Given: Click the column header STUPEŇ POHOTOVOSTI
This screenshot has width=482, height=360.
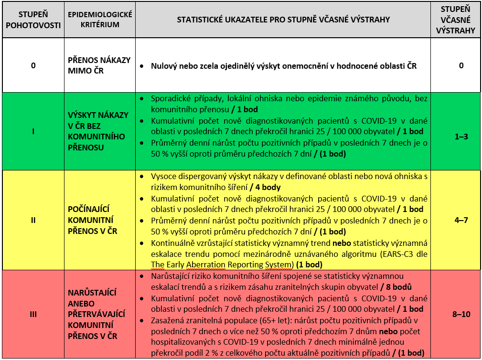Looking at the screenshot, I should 33,20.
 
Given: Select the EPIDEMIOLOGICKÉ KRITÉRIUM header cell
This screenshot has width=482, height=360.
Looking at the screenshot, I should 100,20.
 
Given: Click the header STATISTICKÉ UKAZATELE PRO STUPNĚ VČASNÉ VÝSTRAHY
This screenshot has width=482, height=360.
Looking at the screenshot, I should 283,20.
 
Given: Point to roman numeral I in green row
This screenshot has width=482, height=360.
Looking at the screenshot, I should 33,131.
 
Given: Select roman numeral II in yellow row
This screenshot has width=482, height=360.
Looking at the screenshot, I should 33,221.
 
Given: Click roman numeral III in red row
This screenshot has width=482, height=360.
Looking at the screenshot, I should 33,315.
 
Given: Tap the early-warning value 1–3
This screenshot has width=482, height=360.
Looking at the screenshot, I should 461,136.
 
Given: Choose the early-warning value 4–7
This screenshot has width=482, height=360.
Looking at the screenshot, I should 461,221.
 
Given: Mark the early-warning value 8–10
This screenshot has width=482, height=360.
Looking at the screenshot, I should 461,314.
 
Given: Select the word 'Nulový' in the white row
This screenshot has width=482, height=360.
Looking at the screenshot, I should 163,66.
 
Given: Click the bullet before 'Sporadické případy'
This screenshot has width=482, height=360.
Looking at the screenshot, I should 142,98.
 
